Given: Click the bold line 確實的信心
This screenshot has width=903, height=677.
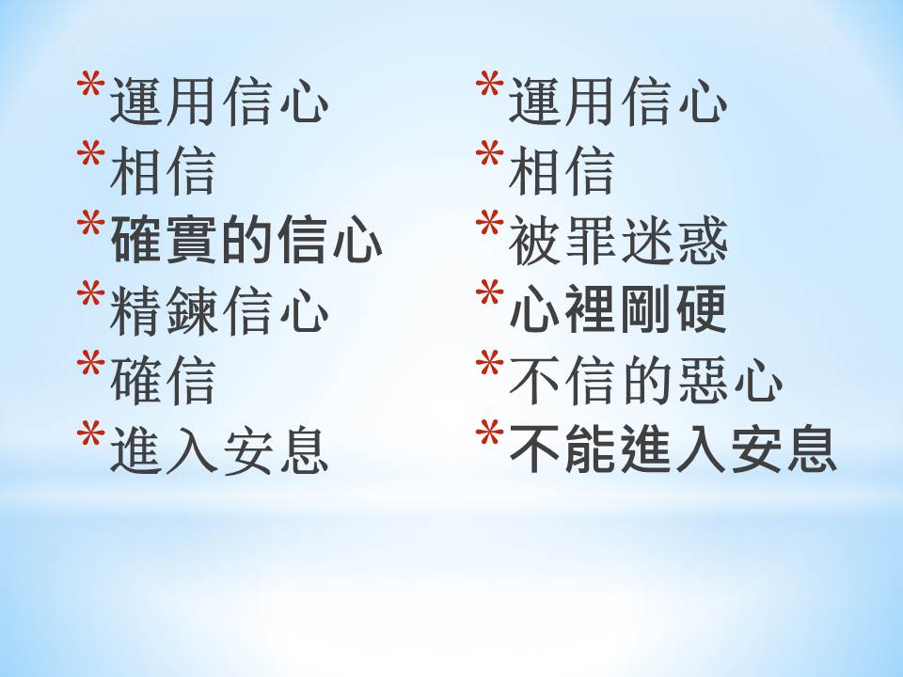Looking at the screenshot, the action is pyautogui.click(x=246, y=240).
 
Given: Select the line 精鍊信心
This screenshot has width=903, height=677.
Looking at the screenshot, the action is pyautogui.click(x=219, y=311).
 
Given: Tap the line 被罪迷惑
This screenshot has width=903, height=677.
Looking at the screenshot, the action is pyautogui.click(x=618, y=242).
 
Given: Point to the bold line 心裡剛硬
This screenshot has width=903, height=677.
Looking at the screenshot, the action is pyautogui.click(x=618, y=309).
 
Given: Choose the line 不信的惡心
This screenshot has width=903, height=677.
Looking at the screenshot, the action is pyautogui.click(x=645, y=380).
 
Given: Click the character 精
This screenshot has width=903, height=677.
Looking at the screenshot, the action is pyautogui.click(x=135, y=311).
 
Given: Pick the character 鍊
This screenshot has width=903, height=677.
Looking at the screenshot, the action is pyautogui.click(x=191, y=311).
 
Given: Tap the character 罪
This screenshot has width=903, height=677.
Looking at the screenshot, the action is pyautogui.click(x=591, y=242).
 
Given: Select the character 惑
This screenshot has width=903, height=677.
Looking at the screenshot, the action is pyautogui.click(x=702, y=242).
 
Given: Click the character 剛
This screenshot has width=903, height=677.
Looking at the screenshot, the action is pyautogui.click(x=645, y=309).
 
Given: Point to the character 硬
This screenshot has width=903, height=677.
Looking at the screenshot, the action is pyautogui.click(x=701, y=309).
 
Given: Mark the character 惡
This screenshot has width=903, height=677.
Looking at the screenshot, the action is pyautogui.click(x=701, y=380).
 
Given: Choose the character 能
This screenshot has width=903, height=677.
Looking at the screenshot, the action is pyautogui.click(x=591, y=449).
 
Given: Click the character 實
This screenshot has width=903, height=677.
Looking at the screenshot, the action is pyautogui.click(x=191, y=240).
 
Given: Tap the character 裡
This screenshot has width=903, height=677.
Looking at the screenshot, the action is pyautogui.click(x=591, y=309).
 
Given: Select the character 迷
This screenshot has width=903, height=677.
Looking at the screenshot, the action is pyautogui.click(x=646, y=242).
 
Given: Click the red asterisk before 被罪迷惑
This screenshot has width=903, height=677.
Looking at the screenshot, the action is pyautogui.click(x=489, y=224).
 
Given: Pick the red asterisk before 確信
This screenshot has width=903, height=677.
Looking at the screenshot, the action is pyautogui.click(x=90, y=363).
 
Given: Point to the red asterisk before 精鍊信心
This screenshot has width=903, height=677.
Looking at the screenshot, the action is pyautogui.click(x=90, y=293).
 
